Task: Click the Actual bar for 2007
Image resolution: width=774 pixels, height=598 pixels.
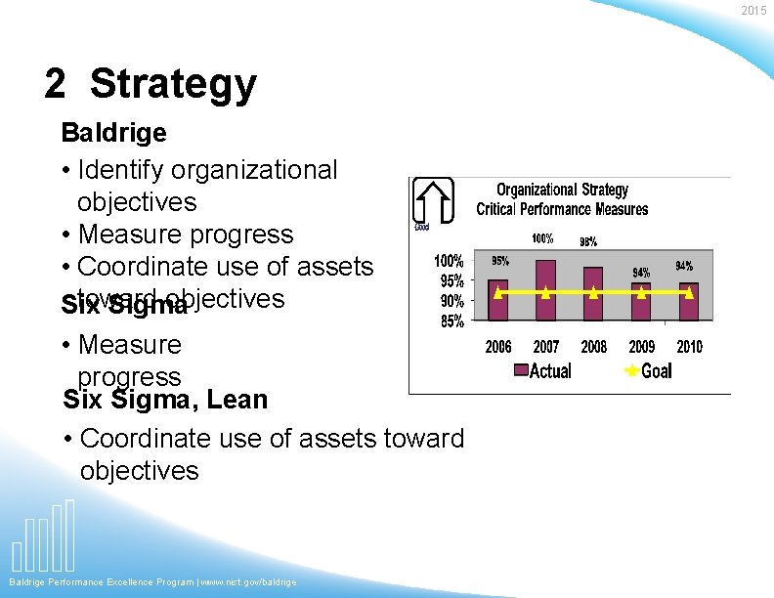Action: click(545, 289)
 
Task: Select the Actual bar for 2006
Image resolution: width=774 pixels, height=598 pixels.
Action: click(498, 298)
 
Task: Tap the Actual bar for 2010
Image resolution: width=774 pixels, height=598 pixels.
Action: click(689, 301)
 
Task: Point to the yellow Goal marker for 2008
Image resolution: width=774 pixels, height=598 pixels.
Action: click(593, 292)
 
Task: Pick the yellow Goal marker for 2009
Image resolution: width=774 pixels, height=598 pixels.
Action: click(641, 292)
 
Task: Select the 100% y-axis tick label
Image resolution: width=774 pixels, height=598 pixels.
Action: click(449, 261)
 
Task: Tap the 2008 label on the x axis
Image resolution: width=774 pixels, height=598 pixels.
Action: click(593, 347)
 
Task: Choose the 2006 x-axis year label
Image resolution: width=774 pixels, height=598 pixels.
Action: click(498, 347)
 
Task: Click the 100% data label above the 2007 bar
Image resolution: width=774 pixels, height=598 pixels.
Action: click(542, 238)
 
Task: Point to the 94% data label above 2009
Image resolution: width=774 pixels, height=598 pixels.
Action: click(641, 273)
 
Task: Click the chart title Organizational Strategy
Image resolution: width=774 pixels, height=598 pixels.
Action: click(562, 190)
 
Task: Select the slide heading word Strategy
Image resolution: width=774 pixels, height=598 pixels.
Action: click(173, 85)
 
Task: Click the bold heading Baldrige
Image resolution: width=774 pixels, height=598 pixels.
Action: click(113, 132)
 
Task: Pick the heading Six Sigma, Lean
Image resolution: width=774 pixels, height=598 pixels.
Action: click(165, 400)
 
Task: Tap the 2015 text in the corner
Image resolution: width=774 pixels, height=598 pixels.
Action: click(753, 11)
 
